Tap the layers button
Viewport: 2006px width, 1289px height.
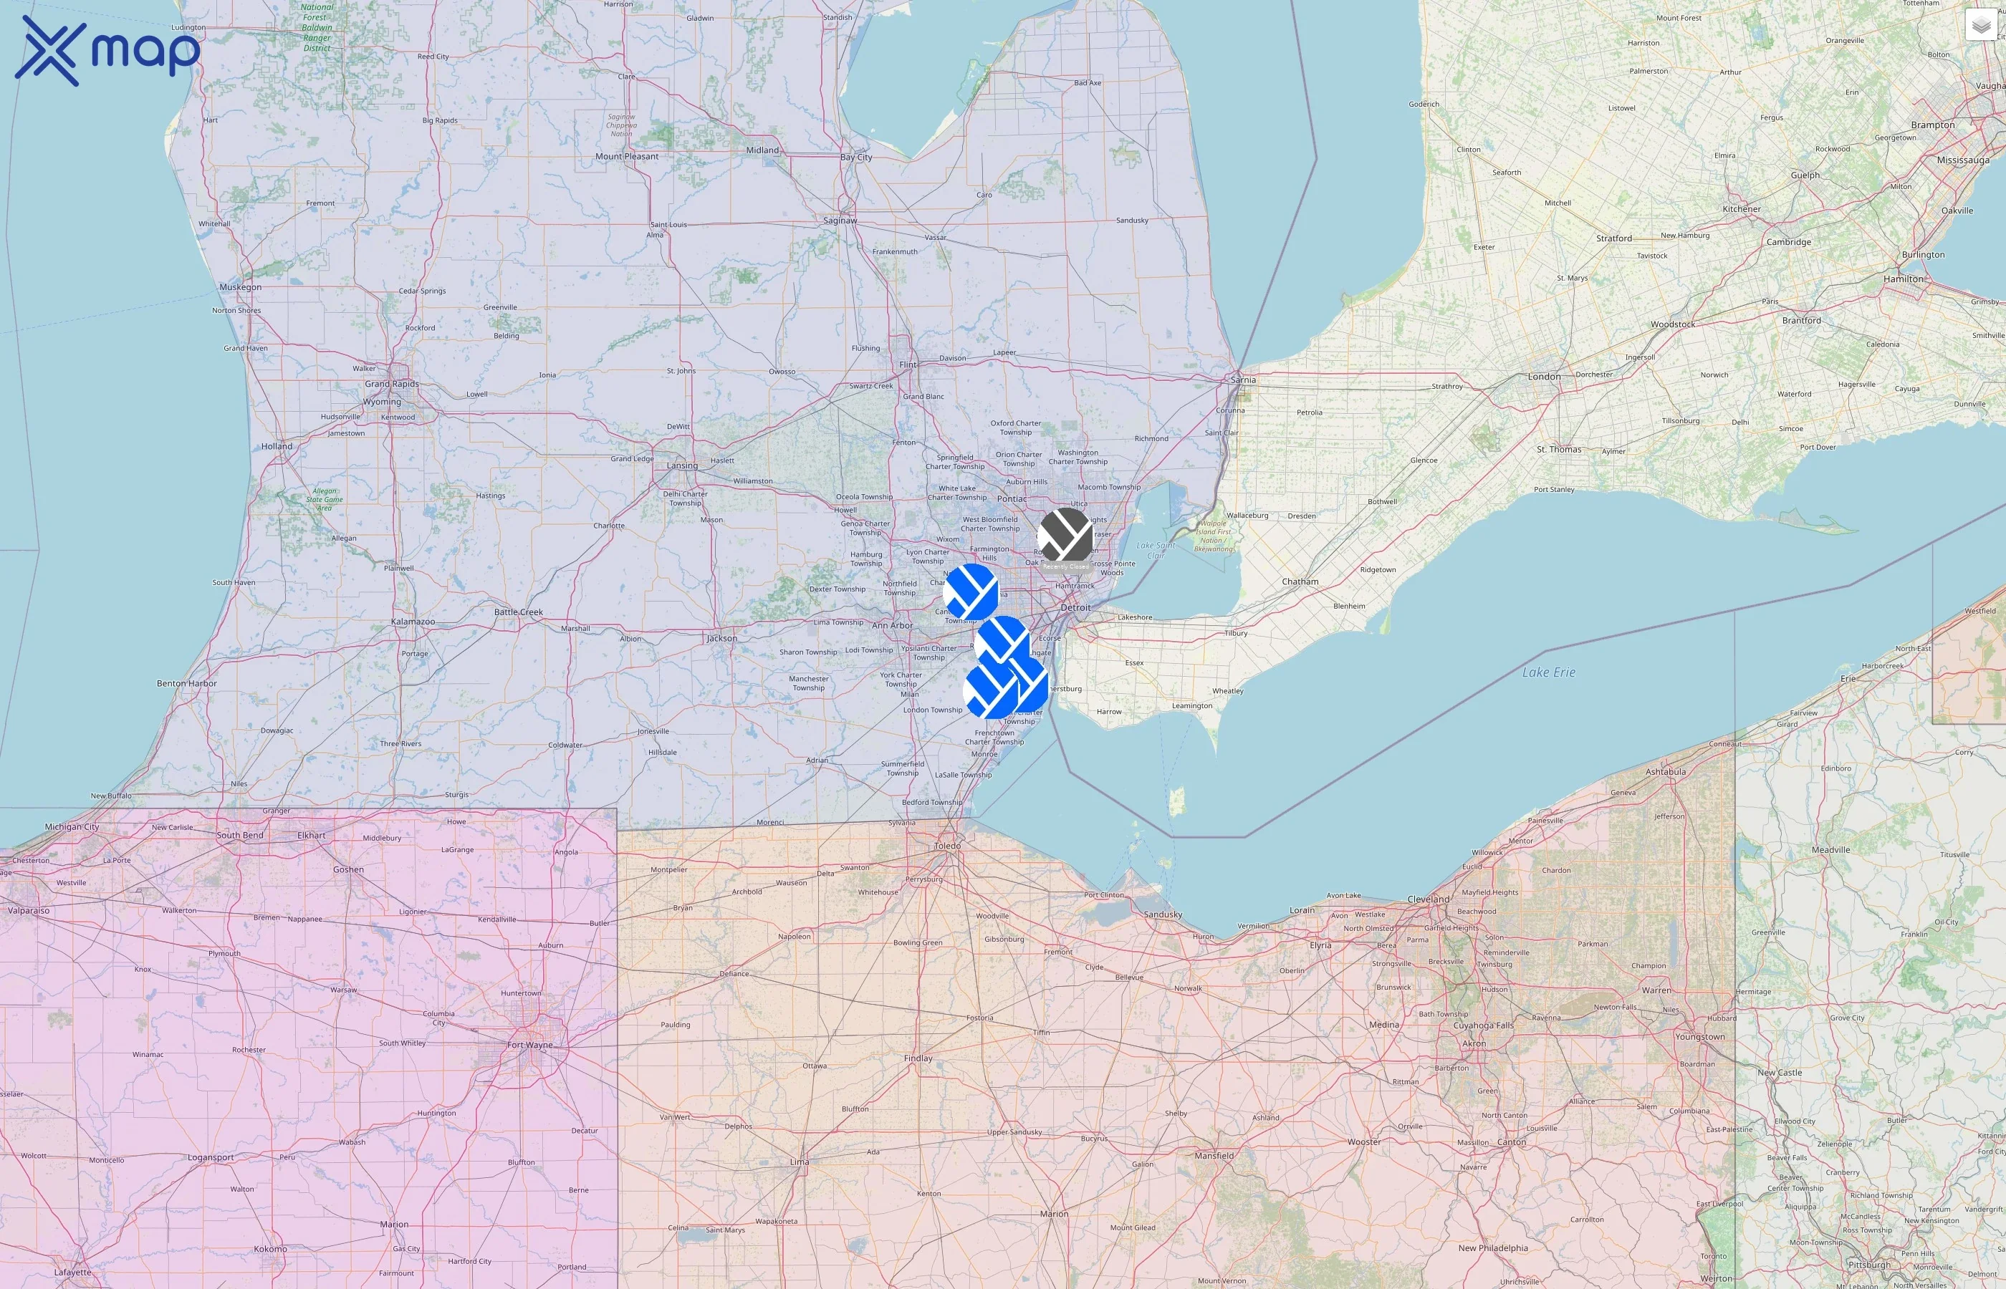point(1980,26)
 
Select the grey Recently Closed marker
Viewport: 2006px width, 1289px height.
point(1065,535)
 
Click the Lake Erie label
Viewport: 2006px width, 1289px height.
point(1548,672)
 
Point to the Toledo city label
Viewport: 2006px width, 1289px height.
point(948,846)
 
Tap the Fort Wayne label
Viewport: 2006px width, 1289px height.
point(530,1045)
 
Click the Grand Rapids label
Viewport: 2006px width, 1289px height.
point(391,384)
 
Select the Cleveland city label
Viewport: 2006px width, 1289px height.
point(1429,899)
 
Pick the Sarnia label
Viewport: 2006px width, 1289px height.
point(1243,380)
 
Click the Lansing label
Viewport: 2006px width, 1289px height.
point(682,465)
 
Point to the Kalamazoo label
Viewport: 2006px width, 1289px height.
point(413,622)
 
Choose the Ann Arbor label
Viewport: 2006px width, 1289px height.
point(893,625)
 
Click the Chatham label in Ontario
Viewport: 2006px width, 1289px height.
point(1300,581)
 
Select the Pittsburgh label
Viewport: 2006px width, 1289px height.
point(1868,1265)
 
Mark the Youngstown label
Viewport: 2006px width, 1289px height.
point(1699,1036)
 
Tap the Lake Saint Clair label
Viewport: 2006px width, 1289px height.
point(1156,550)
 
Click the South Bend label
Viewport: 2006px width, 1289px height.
point(239,835)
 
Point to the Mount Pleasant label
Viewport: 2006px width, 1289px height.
point(626,157)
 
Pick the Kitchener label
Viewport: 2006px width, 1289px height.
point(1742,209)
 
